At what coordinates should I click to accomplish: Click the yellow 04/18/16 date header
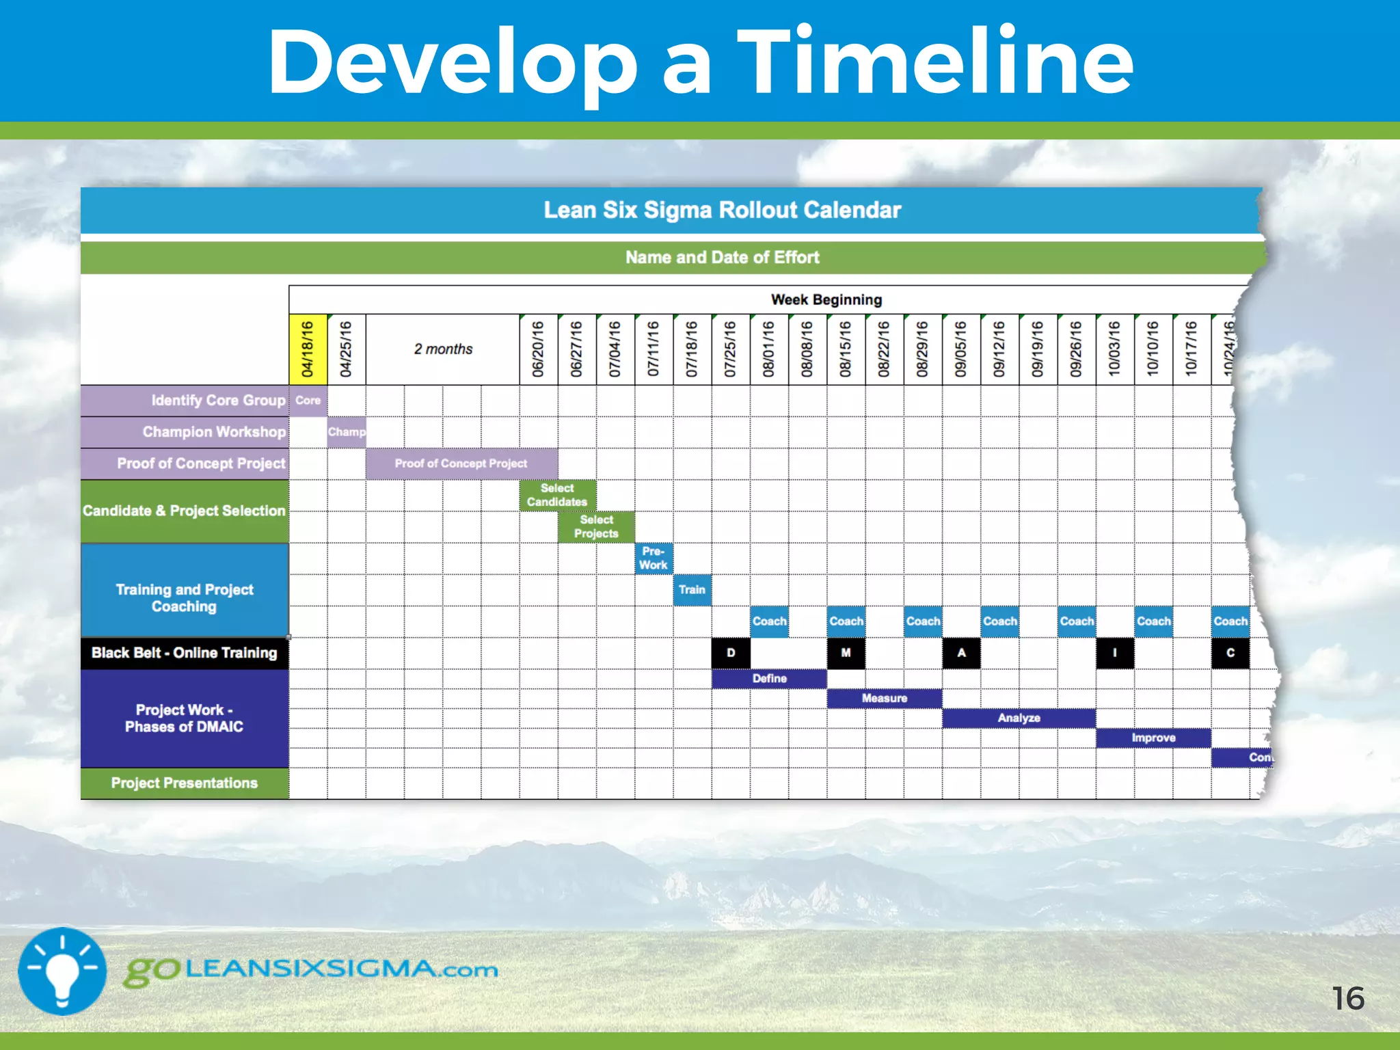click(308, 349)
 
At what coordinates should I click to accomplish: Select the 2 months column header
click(443, 349)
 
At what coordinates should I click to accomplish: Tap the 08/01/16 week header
click(768, 349)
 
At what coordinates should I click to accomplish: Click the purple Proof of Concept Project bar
click(461, 463)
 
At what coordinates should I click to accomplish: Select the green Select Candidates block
click(557, 495)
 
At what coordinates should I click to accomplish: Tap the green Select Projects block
click(596, 527)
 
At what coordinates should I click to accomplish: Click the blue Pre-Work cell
click(654, 558)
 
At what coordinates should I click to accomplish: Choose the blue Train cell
click(692, 590)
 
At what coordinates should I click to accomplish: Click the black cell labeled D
click(731, 653)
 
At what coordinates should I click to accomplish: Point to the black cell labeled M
click(846, 653)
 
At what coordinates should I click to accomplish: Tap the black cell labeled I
click(1115, 653)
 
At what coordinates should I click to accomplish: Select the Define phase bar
click(769, 679)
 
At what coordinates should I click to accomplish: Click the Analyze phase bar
click(1019, 718)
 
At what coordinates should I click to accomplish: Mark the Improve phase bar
click(1153, 738)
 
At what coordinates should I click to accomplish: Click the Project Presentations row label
click(185, 783)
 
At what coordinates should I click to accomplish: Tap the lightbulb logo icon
click(62, 971)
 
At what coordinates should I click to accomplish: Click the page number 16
click(1348, 999)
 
